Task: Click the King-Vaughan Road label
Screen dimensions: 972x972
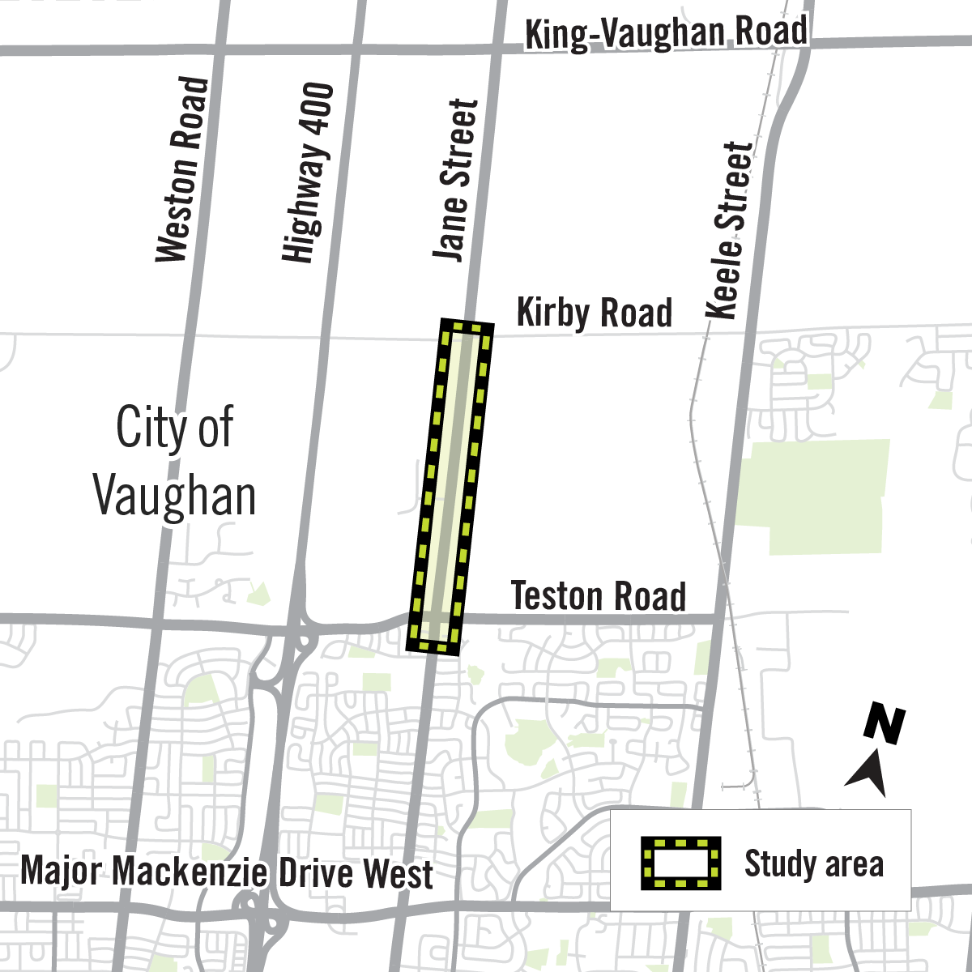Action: click(x=666, y=33)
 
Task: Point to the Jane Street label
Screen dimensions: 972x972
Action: click(x=454, y=180)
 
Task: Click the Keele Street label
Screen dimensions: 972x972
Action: click(x=731, y=232)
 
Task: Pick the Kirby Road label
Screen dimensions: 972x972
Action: click(x=595, y=313)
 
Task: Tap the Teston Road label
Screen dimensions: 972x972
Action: click(x=599, y=597)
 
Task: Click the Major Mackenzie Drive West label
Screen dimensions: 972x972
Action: click(x=227, y=873)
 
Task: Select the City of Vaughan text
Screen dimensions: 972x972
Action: click(x=174, y=462)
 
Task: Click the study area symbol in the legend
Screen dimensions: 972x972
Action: click(x=681, y=863)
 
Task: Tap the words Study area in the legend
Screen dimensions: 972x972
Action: click(x=813, y=863)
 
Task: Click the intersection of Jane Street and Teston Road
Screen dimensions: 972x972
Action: click(x=434, y=620)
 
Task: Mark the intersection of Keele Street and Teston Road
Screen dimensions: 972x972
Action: click(x=718, y=619)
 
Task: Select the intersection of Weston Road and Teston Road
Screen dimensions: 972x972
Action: click(x=156, y=622)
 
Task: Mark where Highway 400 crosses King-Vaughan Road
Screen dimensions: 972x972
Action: click(x=356, y=48)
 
